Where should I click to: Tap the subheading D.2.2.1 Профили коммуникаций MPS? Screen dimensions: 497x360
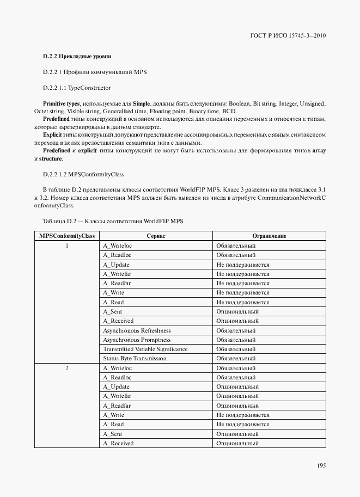pyautogui.click(x=95, y=72)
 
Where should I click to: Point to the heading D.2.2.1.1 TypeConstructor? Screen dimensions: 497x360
pyautogui.click(x=77, y=88)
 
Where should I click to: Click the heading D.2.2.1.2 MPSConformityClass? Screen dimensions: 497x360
pyautogui.click(x=84, y=174)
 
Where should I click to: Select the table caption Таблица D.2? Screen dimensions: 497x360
pyautogui.click(x=113, y=222)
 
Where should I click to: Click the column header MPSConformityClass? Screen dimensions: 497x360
pyautogui.click(x=66, y=236)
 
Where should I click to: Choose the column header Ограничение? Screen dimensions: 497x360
pyautogui.click(x=269, y=236)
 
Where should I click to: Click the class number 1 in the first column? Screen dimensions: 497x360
pyautogui.click(x=66, y=246)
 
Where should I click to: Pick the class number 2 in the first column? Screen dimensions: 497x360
pyautogui.click(x=66, y=369)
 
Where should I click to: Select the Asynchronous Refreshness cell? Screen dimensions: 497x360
pyautogui.click(x=137, y=330)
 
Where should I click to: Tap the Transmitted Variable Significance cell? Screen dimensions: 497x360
pyautogui.click(x=145, y=349)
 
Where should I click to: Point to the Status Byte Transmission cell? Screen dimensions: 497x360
pyautogui.click(x=135, y=359)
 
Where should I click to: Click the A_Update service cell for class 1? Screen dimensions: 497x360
pyautogui.click(x=116, y=265)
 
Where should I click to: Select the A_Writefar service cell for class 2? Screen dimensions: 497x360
pyautogui.click(x=117, y=396)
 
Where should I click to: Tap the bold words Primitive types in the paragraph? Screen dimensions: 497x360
pyautogui.click(x=62, y=103)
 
